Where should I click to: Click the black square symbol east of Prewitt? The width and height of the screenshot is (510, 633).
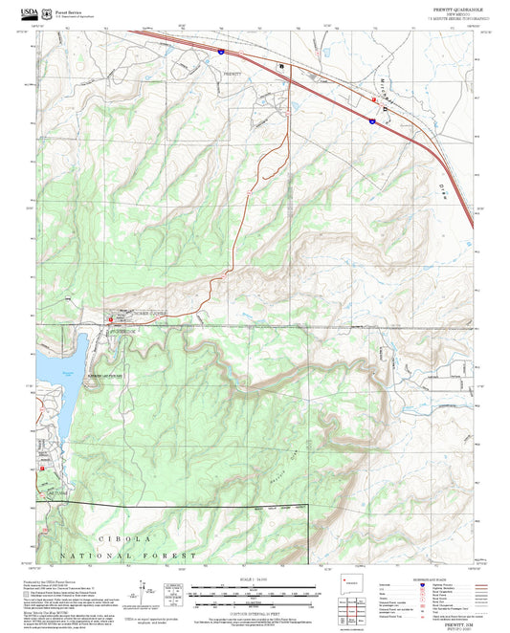click(281, 66)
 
